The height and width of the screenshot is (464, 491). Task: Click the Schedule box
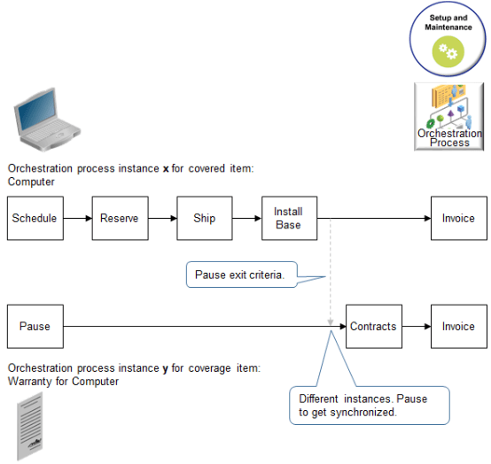35,219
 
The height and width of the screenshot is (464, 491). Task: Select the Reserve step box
119,219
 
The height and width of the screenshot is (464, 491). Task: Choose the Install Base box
288,219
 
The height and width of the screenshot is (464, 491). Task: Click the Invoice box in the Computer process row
458,219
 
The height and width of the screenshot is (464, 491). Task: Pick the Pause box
35,327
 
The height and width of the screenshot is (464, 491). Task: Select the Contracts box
373,327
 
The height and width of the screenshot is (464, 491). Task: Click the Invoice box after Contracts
458,327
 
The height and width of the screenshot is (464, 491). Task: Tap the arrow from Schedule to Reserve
77,219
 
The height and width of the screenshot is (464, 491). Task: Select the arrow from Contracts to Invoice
416,327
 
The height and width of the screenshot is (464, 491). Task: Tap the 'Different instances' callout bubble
369,406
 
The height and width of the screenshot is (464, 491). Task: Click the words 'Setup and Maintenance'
448,22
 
